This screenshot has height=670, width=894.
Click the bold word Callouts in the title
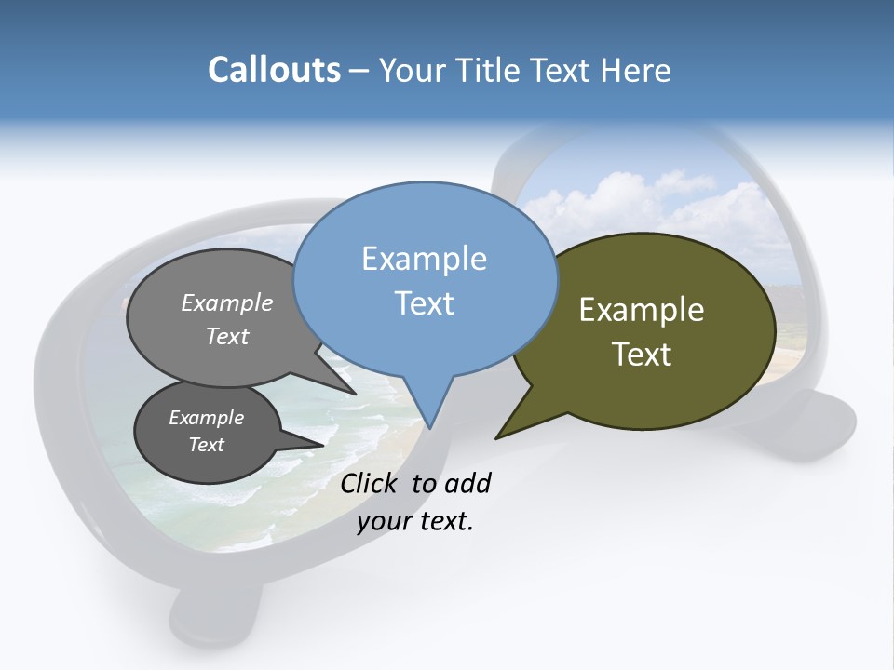274,70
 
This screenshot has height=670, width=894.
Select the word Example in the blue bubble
424,259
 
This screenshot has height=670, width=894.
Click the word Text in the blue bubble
424,303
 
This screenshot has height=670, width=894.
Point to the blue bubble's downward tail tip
430,427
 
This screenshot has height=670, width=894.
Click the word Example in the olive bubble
642,310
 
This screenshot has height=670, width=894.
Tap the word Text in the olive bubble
642,355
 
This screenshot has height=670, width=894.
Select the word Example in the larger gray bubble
227,303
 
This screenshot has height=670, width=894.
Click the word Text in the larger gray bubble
227,336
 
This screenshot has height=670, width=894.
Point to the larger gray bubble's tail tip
355,394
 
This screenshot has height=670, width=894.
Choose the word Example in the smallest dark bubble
206,418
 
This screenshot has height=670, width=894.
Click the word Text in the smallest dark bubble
206,445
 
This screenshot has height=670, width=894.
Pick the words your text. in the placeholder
415,521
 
